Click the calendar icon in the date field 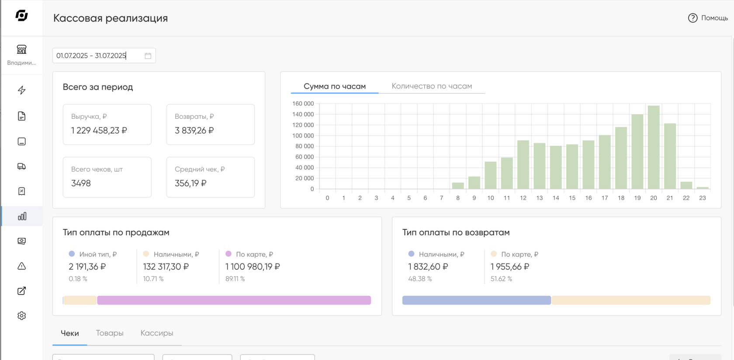click(148, 55)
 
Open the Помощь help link click(708, 18)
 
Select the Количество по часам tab click(432, 86)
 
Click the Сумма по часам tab click(335, 87)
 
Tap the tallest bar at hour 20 click(654, 147)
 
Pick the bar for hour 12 click(523, 164)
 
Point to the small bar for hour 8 click(458, 186)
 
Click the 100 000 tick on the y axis click(303, 135)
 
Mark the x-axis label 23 click(702, 198)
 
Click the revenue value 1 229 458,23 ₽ click(99, 131)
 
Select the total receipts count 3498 click(81, 183)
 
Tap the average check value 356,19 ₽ click(190, 183)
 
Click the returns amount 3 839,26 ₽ click(194, 131)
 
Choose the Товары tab click(109, 333)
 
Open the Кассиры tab click(156, 333)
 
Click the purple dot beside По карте click(229, 253)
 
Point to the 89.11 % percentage click(235, 279)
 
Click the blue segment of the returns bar click(476, 300)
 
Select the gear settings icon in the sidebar click(22, 316)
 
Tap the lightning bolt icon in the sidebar click(22, 90)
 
